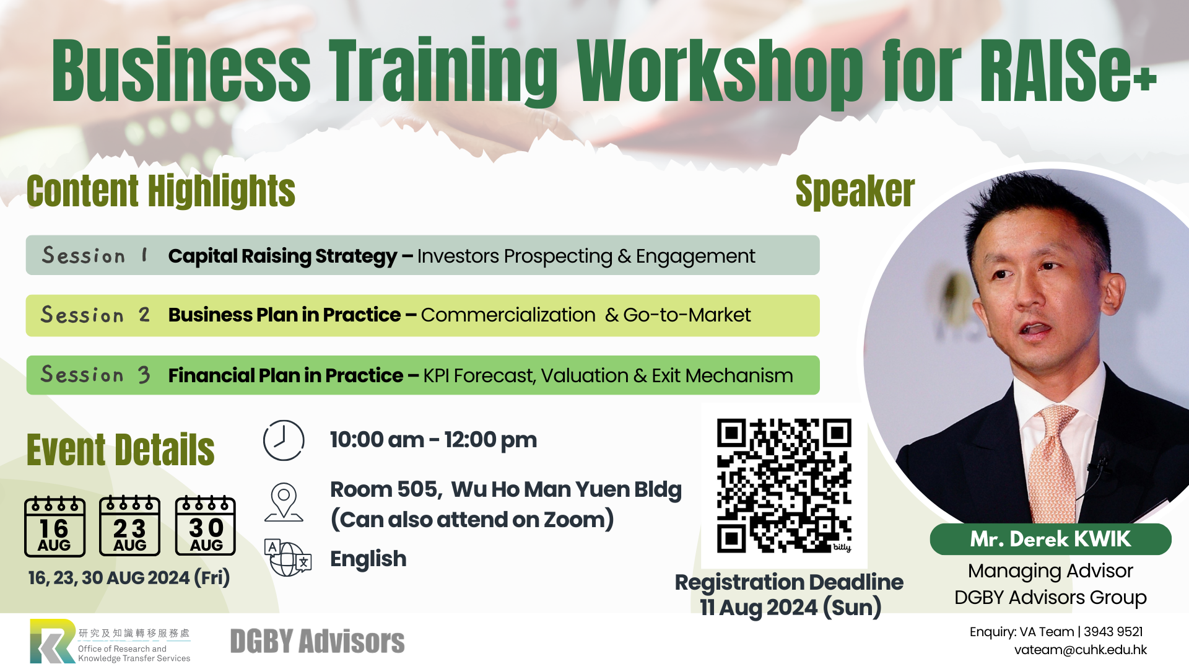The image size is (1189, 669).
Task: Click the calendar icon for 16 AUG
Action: [x=54, y=526]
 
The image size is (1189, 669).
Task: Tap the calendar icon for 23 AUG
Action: [x=130, y=526]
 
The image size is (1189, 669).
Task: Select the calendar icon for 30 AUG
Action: [x=206, y=526]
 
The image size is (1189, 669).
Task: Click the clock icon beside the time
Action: [x=284, y=440]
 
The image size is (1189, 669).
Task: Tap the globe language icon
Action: [x=287, y=558]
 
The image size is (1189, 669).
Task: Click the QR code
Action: [x=784, y=486]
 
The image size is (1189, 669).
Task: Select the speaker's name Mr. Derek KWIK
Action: [x=1050, y=539]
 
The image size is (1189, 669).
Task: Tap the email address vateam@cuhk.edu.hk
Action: [x=1080, y=650]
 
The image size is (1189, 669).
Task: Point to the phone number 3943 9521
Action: [x=1113, y=632]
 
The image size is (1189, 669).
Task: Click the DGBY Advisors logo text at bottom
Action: [x=317, y=641]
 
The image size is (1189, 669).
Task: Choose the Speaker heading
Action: [x=855, y=191]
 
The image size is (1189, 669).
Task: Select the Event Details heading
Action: [x=121, y=450]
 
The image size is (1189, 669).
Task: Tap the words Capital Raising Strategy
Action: [x=282, y=256]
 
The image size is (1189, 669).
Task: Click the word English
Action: [x=368, y=559]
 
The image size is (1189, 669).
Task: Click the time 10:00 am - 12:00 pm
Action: [x=433, y=440]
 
